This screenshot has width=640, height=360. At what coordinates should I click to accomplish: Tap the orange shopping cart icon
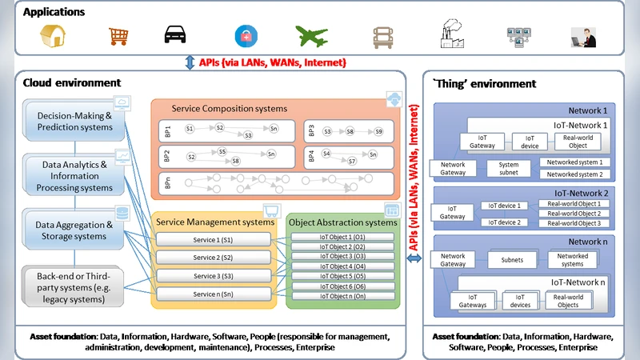118,36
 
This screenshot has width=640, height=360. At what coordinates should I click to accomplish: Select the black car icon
176,35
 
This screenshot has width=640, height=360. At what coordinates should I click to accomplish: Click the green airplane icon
312,36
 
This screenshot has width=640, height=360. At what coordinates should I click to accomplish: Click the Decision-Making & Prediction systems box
74,121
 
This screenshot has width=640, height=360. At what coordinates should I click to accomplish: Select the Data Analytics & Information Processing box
74,175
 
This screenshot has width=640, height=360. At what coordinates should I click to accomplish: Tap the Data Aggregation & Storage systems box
74,230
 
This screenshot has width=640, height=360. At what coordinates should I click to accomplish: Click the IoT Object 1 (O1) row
342,237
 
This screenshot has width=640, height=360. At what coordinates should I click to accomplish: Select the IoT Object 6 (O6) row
342,286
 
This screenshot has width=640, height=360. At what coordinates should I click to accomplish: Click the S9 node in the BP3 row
378,130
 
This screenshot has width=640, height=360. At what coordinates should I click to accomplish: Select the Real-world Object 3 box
574,223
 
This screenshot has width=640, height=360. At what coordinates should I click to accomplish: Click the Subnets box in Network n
512,260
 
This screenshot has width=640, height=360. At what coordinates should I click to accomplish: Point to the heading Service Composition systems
230,109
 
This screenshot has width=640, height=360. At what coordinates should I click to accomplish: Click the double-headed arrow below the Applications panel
190,62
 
